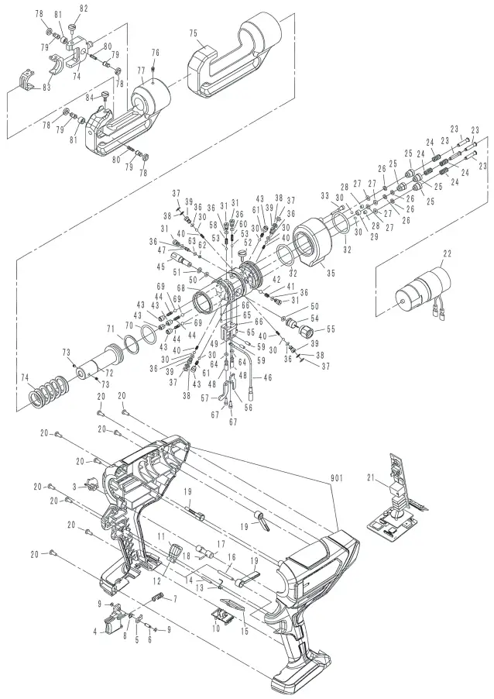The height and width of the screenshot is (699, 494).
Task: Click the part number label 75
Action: coord(193,33)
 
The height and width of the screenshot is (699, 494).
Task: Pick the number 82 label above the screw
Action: coord(84,7)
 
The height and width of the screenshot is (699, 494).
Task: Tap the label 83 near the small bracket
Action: coord(46,88)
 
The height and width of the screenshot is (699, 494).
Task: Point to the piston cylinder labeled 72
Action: coord(97,363)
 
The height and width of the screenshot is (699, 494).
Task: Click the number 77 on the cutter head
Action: coord(140,70)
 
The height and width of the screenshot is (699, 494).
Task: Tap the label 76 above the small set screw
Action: coord(155,52)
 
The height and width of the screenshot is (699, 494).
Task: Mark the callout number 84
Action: coord(91,96)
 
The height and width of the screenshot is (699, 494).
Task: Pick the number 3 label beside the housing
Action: coord(74,485)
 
